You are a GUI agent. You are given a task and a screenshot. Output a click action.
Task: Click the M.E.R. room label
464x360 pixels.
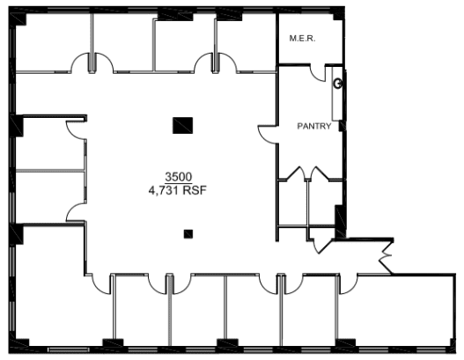click(x=302, y=38)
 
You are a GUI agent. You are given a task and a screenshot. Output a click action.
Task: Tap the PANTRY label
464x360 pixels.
click(x=314, y=127)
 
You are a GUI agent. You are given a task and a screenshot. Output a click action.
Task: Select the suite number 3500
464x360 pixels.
click(x=179, y=177)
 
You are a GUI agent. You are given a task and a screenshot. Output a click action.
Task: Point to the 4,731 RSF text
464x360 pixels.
click(x=177, y=190)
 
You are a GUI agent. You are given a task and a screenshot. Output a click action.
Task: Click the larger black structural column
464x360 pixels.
click(x=182, y=125)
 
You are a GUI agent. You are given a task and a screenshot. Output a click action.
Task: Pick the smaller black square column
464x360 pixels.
click(x=188, y=234)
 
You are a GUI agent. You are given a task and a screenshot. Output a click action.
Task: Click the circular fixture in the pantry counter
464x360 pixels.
click(x=337, y=84)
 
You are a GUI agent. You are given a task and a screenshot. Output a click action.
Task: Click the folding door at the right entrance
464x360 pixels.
click(x=386, y=256)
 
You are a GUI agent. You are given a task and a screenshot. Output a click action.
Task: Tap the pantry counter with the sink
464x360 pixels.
click(x=337, y=94)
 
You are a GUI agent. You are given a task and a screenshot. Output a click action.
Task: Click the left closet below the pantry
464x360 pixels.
click(x=292, y=203)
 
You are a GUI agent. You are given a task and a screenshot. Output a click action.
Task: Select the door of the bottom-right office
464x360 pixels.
click(x=348, y=285)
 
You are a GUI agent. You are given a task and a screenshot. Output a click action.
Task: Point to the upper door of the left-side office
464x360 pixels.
click(x=75, y=130)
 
